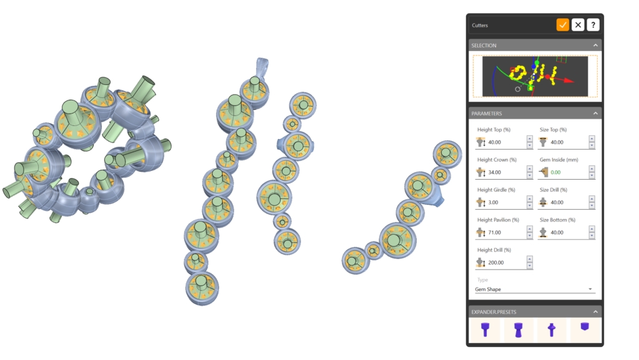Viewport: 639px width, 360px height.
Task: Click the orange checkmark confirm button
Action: coord(562,25)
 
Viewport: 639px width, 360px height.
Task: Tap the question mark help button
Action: coord(593,25)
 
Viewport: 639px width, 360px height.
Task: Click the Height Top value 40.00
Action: coord(494,142)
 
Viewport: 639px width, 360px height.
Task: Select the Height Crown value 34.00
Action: coord(494,172)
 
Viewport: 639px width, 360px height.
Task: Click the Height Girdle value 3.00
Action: coord(493,202)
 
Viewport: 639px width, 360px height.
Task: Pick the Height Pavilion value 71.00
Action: coord(494,233)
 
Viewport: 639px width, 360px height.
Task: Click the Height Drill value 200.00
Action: coord(496,263)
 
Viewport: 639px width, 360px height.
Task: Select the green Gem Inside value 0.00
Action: coord(555,172)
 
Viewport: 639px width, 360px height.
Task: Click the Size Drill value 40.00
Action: coord(557,202)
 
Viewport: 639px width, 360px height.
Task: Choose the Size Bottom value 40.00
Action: coord(557,233)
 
